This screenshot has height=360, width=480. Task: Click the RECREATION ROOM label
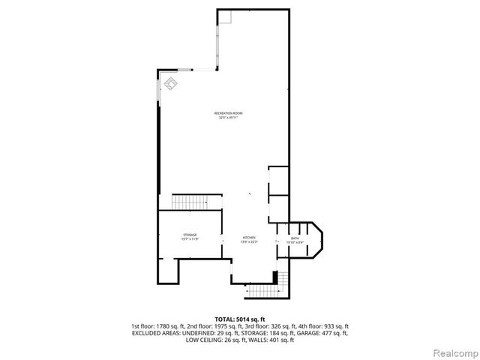228,113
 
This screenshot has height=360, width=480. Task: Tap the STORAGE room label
190,235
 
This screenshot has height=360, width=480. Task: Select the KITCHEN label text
248,238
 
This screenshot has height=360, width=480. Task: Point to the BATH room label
295,238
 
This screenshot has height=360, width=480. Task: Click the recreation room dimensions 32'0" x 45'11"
228,118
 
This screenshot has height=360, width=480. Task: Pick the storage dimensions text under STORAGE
190,240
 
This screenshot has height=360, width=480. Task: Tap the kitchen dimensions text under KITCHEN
248,242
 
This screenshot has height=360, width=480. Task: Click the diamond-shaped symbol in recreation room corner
170,83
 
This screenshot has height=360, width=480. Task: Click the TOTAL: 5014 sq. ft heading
240,319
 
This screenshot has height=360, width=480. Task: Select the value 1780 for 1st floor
175,326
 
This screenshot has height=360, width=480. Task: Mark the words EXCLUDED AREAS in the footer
155,333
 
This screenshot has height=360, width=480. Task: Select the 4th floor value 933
330,326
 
